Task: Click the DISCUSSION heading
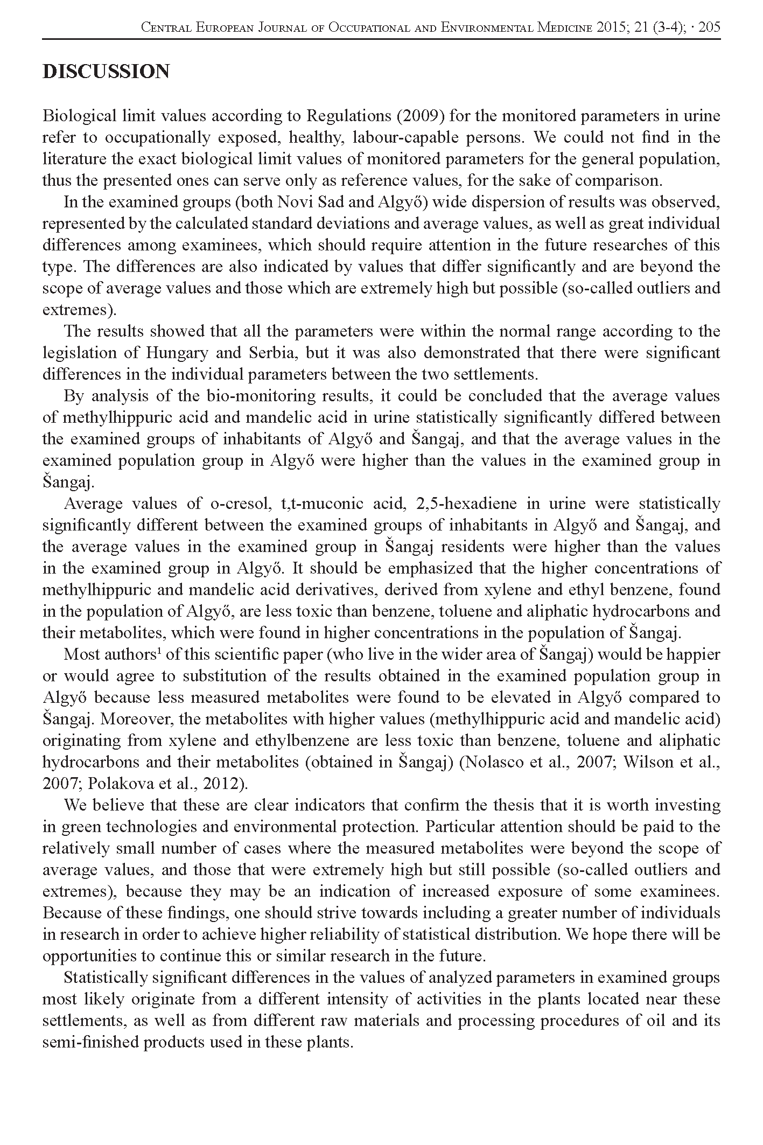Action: pyautogui.click(x=106, y=72)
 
